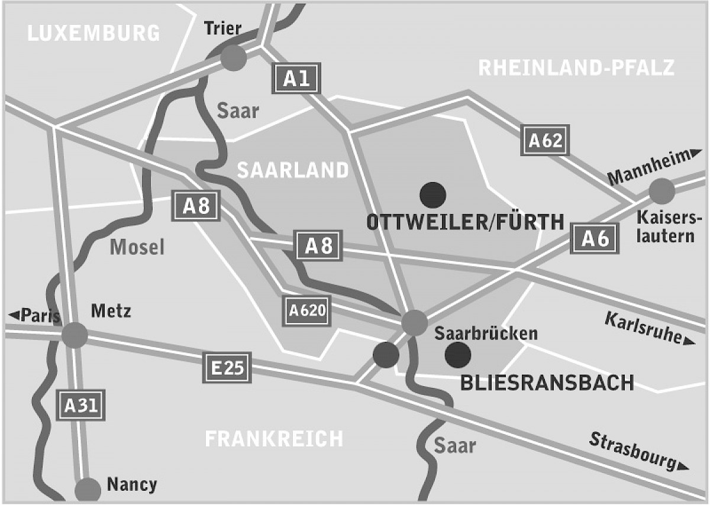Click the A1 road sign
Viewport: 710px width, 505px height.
296,78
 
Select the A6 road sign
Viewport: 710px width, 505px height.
595,238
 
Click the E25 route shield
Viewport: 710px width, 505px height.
227,368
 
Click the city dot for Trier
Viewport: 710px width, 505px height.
233,57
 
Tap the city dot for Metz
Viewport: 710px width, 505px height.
75,335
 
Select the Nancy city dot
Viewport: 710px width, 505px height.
88,490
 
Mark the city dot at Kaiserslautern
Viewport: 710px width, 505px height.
661,191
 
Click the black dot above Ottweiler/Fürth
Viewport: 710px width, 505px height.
433,193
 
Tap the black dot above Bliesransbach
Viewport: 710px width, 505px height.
458,354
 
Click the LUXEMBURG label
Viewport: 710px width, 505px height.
93,33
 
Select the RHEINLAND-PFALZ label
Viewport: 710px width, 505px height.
576,68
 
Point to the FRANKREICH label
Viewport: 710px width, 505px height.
273,439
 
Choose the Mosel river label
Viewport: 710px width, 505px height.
137,247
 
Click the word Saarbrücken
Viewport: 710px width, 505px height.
486,334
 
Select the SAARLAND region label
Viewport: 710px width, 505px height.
293,170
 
